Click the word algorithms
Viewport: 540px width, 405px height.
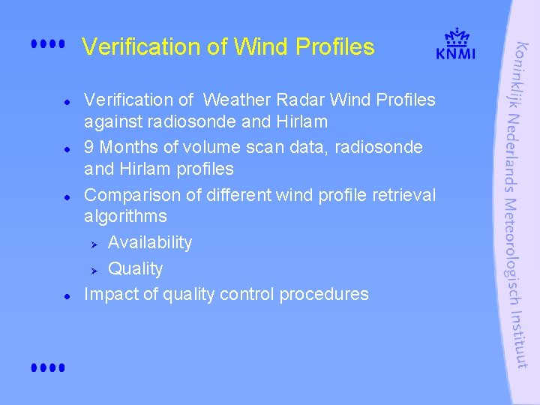[125, 217]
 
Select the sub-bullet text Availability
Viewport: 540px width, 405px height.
[150, 243]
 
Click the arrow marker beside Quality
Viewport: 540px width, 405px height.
[94, 269]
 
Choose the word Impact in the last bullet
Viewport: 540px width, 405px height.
[111, 295]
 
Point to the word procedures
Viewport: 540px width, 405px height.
[324, 295]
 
